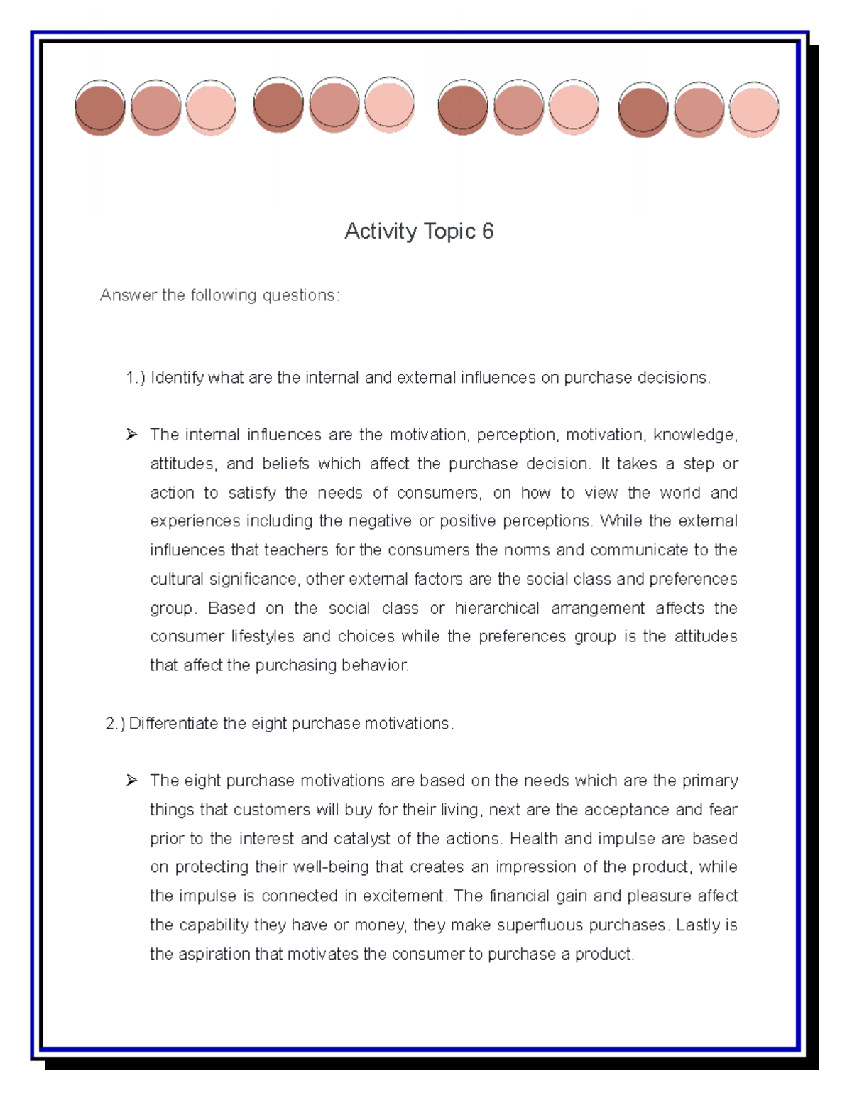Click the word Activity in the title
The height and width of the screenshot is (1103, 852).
pos(381,232)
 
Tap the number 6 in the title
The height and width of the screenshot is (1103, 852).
pos(487,231)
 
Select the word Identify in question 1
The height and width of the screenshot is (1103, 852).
pos(177,378)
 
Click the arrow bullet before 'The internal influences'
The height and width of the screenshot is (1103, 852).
pos(131,435)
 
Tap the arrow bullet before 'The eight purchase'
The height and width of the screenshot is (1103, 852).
pos(131,781)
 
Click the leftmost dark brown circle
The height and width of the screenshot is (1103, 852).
pos(100,108)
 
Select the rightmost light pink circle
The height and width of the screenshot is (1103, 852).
pos(754,109)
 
